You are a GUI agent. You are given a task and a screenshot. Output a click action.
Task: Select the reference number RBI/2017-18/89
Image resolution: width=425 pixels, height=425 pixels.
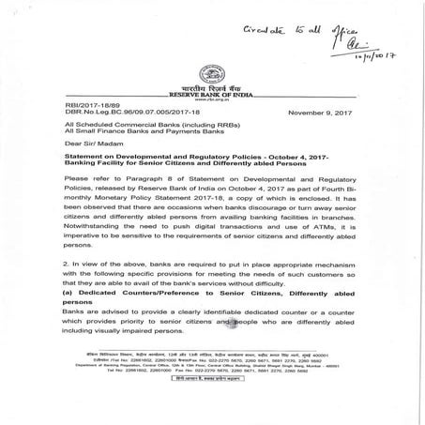pos(90,106)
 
